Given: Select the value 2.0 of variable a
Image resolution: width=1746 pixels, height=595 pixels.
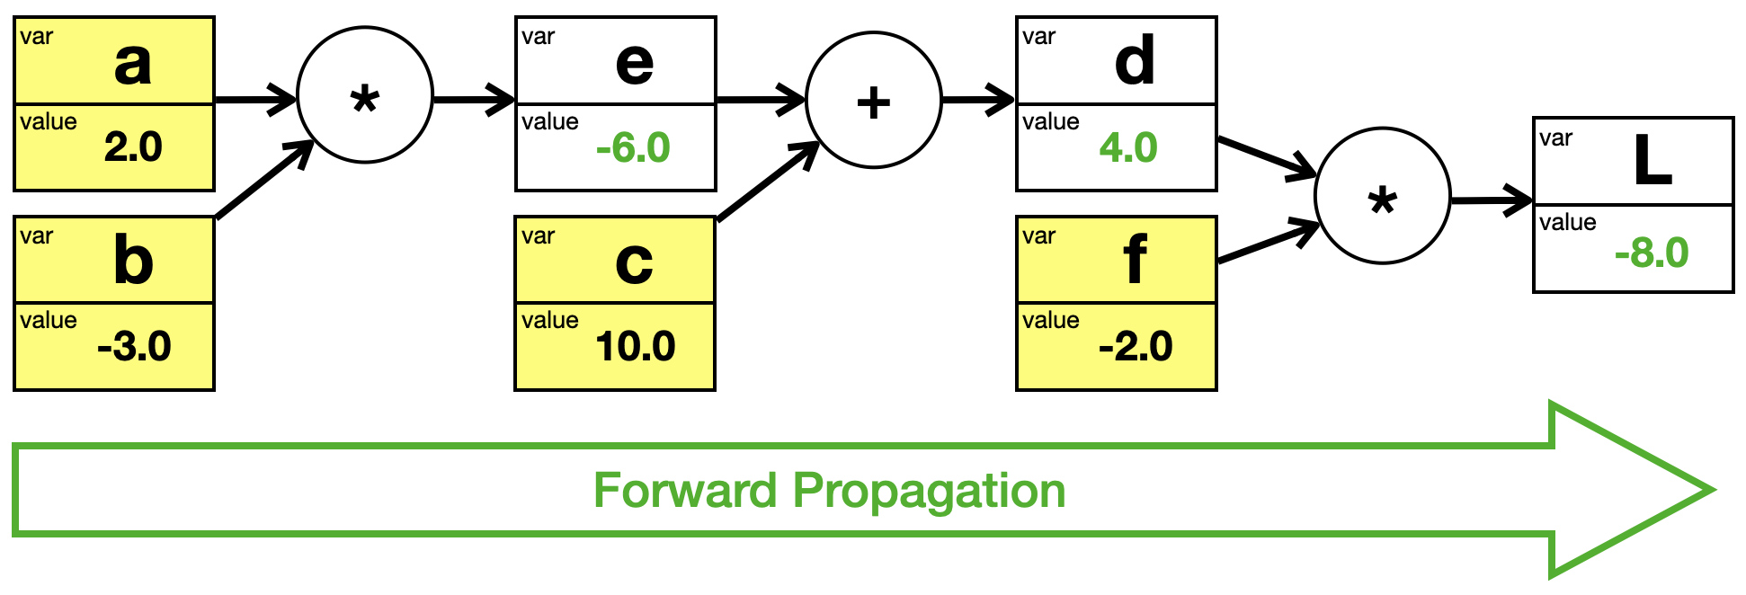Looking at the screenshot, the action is (133, 147).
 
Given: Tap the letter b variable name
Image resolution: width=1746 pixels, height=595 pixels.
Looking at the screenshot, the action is (133, 260).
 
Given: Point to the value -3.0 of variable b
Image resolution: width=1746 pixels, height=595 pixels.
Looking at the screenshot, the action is (134, 346).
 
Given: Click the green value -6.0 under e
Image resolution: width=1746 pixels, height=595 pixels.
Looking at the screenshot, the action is (633, 147).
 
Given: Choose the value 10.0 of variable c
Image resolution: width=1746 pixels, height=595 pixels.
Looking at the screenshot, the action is (635, 346).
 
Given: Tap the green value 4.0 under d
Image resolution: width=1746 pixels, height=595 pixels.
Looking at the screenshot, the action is (1128, 147).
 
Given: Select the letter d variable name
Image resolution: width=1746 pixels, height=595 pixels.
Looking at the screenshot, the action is (1135, 60).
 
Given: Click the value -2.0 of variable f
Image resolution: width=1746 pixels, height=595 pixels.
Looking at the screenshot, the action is (1136, 346).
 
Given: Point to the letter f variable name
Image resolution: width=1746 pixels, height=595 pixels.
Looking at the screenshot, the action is (1135, 259).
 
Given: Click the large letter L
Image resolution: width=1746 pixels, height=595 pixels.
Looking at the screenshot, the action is (1652, 161).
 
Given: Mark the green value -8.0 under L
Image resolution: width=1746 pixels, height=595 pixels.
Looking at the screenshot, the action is (1652, 253).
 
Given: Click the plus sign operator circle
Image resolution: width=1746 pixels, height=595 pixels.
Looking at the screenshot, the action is (874, 100).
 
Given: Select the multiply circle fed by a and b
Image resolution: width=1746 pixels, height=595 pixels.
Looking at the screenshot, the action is (365, 95).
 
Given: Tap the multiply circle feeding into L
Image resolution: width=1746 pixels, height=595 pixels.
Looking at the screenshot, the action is (1383, 196).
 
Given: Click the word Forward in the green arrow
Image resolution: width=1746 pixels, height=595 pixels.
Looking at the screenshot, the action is (685, 491).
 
